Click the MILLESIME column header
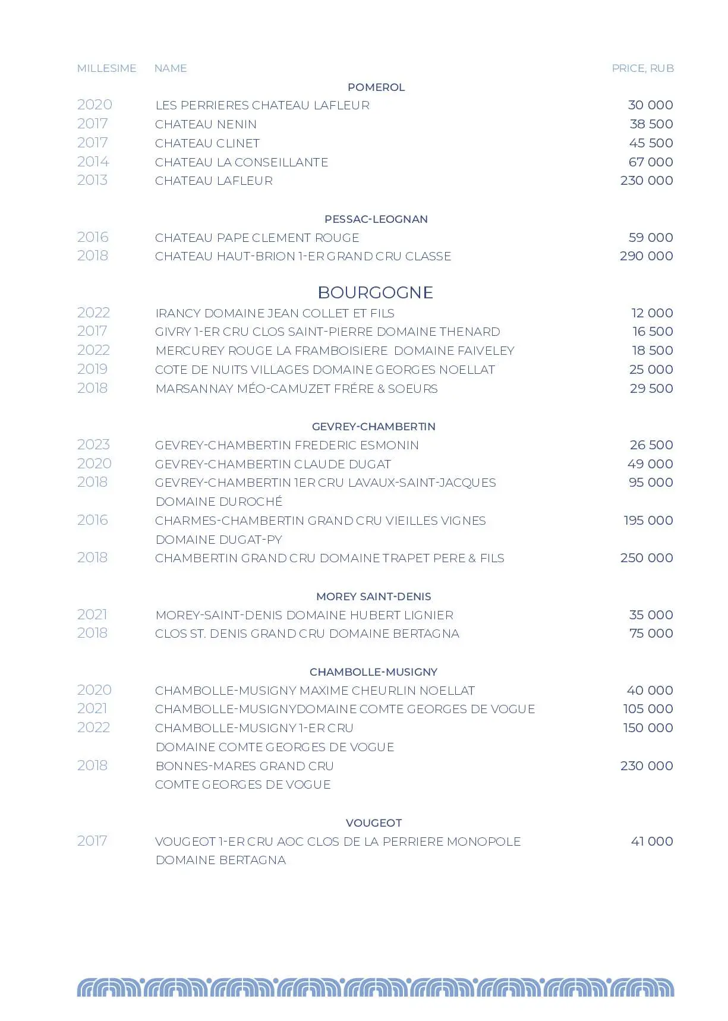point(106,68)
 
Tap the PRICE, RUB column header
point(642,68)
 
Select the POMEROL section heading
point(376,87)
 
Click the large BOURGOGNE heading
point(375,292)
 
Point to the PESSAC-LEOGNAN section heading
point(376,219)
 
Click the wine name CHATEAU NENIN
point(206,124)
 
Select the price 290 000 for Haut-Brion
point(646,256)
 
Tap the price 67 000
point(651,162)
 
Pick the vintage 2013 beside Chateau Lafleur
point(92,180)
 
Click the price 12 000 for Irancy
point(652,313)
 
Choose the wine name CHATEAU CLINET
point(207,143)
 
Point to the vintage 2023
point(93,445)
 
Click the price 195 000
point(648,521)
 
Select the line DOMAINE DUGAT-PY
point(219,540)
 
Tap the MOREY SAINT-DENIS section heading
point(373,597)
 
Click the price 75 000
point(651,634)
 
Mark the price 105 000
point(648,709)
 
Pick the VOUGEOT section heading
point(374,823)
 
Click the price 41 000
point(652,842)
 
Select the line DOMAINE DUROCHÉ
point(219,502)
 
